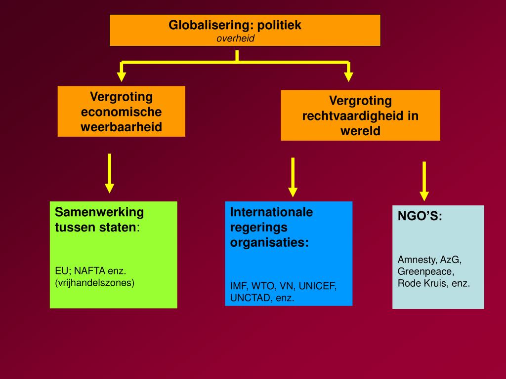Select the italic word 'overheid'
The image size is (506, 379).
pos(235,38)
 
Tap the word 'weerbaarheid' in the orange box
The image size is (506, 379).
pos(122,127)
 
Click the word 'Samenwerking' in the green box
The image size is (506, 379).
pos(99,212)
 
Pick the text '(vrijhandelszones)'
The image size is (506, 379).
pos(94,283)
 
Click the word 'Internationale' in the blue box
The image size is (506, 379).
pos(271,212)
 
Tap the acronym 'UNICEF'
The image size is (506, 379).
pos(318,286)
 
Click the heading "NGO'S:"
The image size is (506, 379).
pos(420,216)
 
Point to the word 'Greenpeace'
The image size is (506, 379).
pos(425,271)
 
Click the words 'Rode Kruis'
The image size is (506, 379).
pos(423,283)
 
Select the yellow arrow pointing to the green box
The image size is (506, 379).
pos(110,173)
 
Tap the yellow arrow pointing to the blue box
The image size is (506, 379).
pos(293,177)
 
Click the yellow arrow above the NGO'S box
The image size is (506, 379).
pos(424,181)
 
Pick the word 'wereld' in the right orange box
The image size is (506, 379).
pos(360,131)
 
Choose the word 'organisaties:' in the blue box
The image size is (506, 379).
pos(269,242)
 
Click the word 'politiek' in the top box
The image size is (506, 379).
pos(280,25)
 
